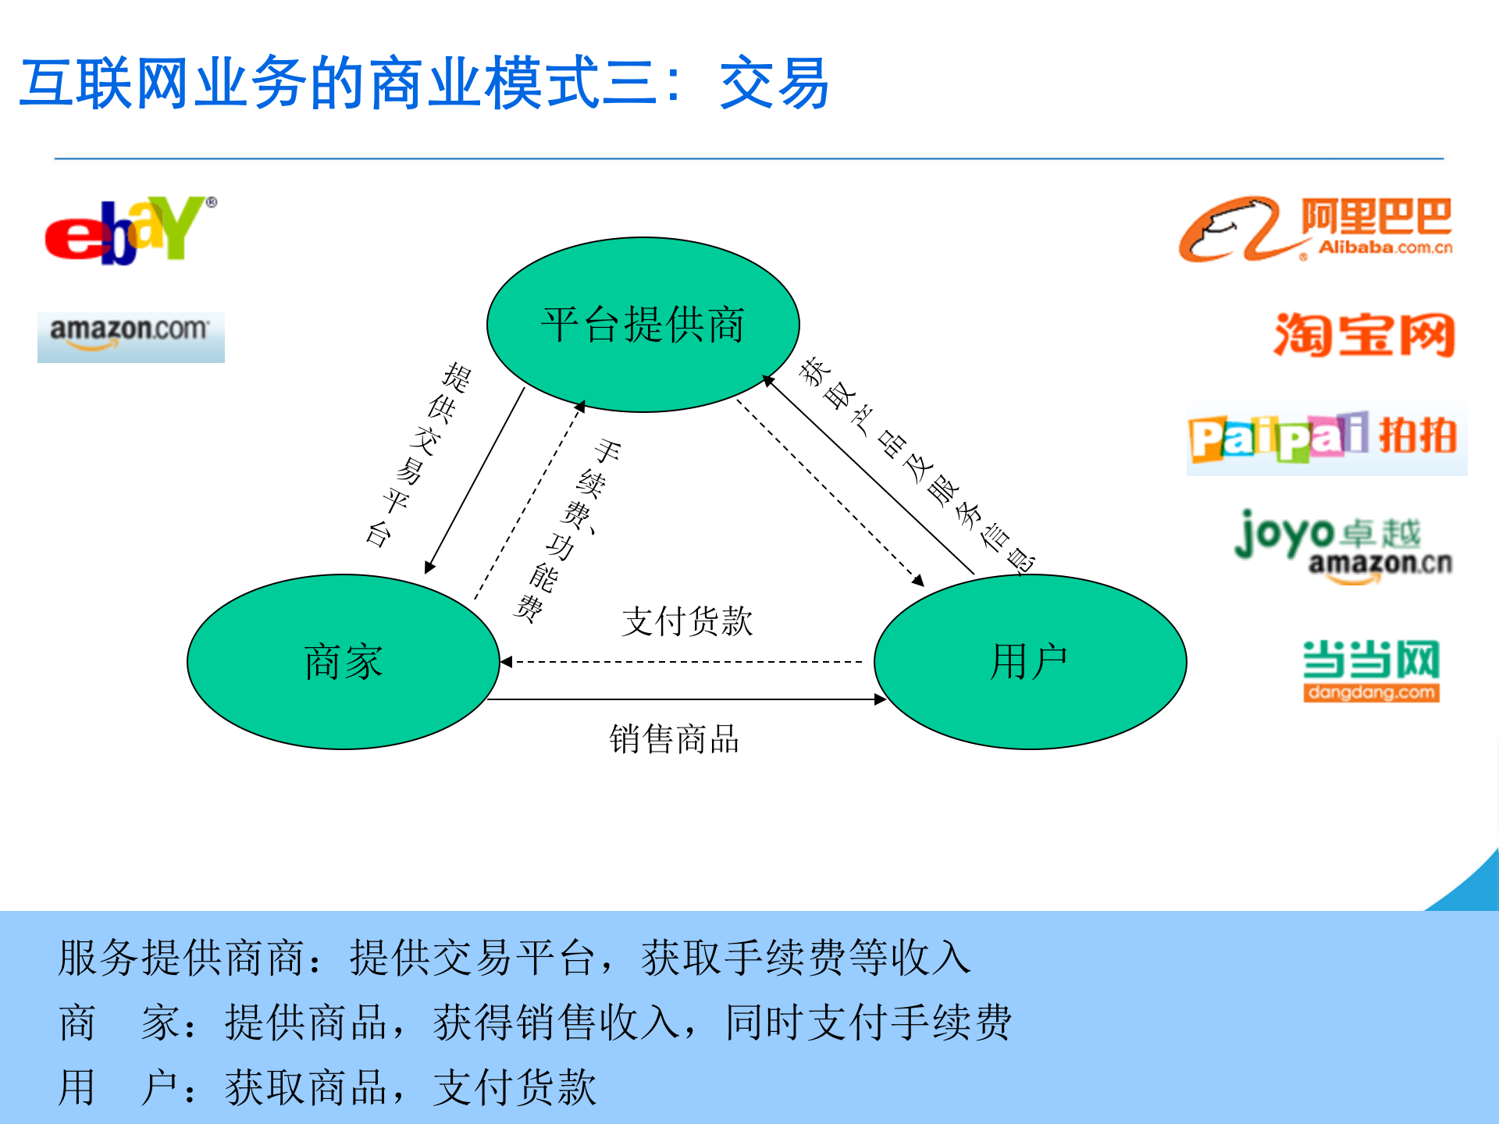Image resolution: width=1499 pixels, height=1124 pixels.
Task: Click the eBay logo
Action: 129,231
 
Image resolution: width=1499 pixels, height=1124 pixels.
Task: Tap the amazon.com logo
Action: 130,336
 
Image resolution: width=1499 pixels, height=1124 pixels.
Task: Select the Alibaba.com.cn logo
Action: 1315,229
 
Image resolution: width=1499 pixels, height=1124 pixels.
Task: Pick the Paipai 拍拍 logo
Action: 1325,438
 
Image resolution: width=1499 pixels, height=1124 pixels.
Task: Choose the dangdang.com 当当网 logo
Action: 1370,670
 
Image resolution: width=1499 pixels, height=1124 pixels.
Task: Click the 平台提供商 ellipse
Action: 643,324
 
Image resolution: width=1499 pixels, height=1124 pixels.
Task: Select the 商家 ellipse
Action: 343,662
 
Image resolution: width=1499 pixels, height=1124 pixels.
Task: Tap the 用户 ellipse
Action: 1030,662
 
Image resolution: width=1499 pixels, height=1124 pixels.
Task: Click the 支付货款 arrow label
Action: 687,621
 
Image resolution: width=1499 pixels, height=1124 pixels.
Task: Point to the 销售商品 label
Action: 674,738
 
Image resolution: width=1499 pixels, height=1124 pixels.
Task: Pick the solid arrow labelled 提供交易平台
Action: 475,481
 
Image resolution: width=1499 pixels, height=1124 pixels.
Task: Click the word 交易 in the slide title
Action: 774,84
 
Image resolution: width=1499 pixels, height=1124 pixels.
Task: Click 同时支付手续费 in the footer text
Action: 868,1023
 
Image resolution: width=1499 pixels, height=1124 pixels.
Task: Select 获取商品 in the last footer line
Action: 307,1087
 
